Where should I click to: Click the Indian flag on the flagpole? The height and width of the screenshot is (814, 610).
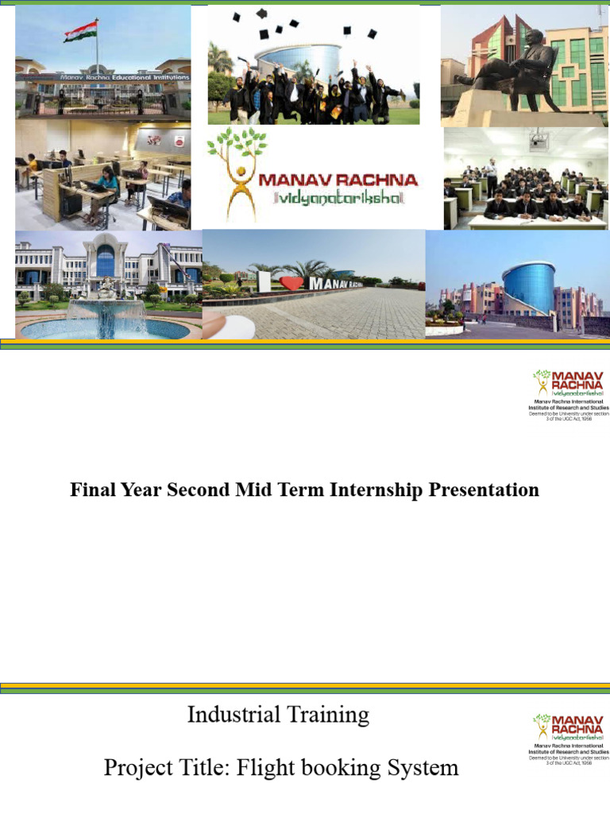pyautogui.click(x=81, y=31)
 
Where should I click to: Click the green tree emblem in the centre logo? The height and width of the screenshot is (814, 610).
pyautogui.click(x=237, y=147)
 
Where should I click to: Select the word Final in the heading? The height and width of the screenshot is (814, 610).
pyautogui.click(x=92, y=490)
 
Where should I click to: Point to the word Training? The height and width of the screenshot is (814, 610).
pyautogui.click(x=330, y=715)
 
